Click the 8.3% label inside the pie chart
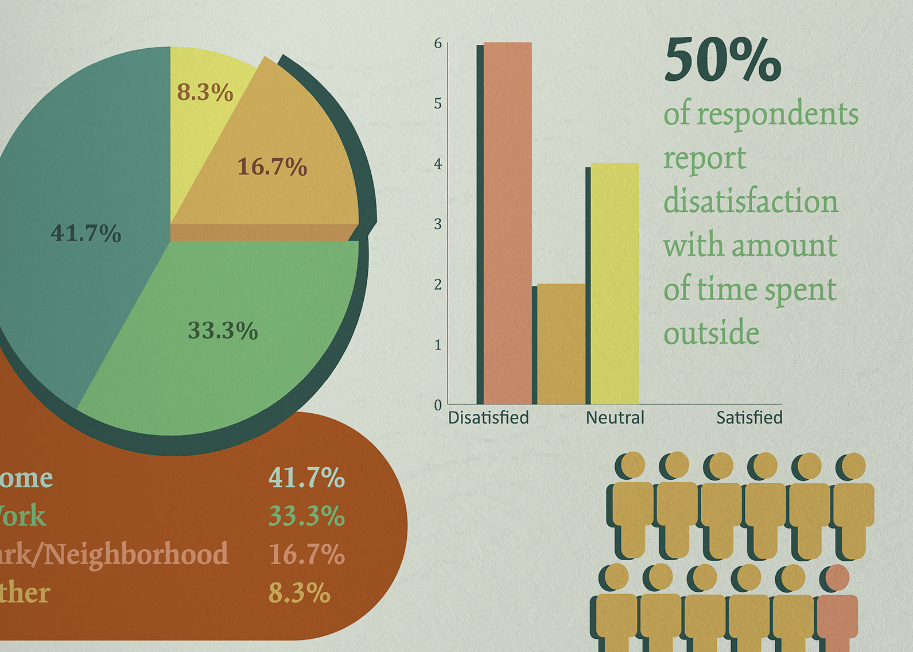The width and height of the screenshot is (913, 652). pos(205,92)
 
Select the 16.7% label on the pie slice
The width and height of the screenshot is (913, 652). pos(272,167)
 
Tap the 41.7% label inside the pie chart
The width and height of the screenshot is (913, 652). pos(86,234)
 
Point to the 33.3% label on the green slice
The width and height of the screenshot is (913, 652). pos(223,331)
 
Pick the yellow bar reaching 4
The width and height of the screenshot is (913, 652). pos(615,284)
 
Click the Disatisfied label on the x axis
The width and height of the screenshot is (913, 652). pos(488,418)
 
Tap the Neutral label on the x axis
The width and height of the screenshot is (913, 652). pos(615,418)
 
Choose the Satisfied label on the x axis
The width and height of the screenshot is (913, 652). pos(749,418)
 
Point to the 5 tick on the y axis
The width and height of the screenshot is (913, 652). pos(438,104)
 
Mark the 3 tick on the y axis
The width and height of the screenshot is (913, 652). pos(438,224)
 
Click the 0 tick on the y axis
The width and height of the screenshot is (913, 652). pos(438,405)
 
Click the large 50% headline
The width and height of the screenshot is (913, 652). pos(722,60)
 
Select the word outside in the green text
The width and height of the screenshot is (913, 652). pos(711,333)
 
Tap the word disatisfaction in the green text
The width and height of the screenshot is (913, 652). pos(751,202)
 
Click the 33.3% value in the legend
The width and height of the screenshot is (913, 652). pos(306,516)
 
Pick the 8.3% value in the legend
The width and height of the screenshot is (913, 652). pos(299,593)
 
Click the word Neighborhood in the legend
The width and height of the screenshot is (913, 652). pos(135,554)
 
